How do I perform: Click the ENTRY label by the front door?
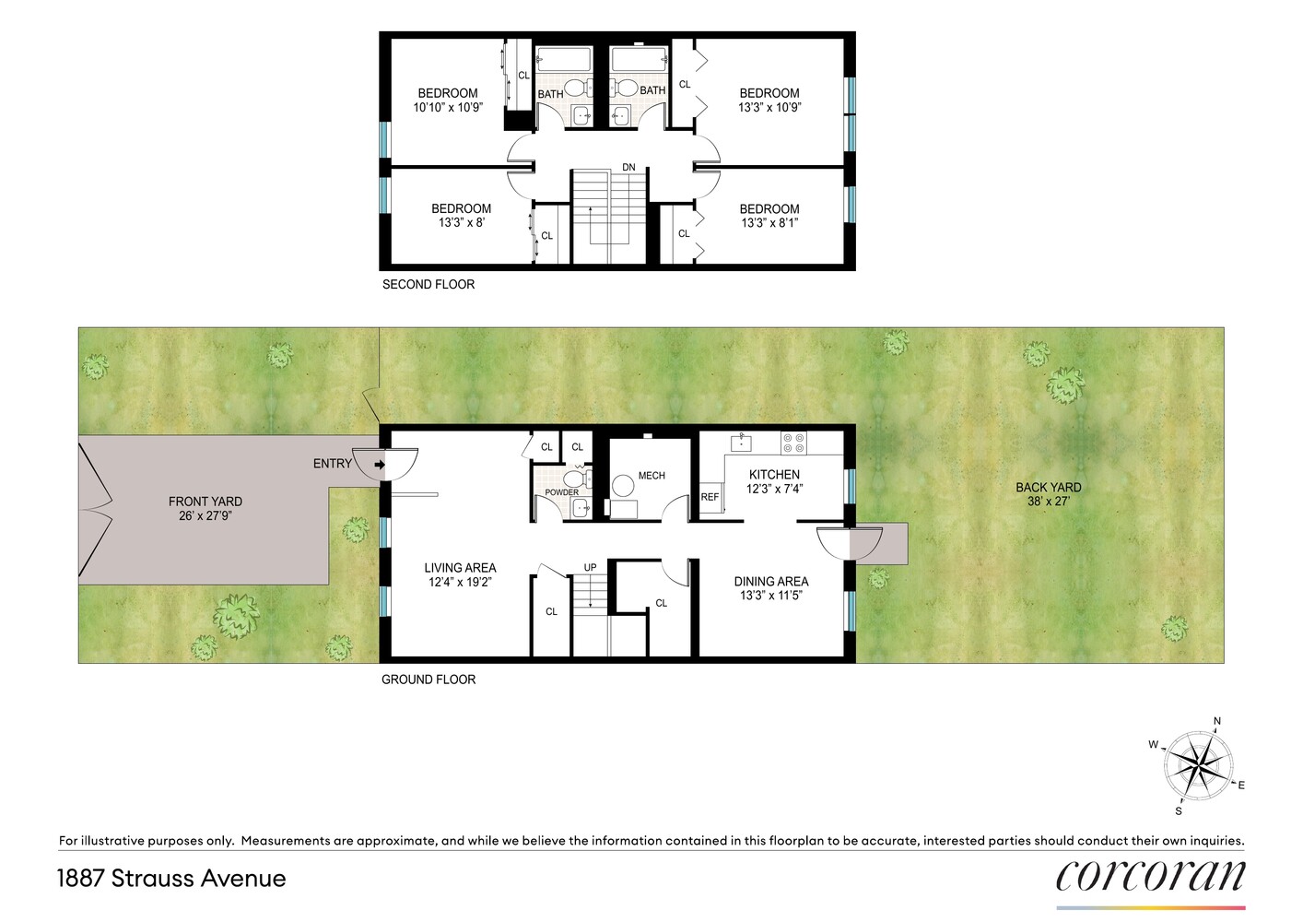(x=332, y=464)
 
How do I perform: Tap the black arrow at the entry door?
(x=380, y=465)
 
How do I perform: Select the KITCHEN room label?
(x=774, y=475)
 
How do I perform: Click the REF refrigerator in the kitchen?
(x=710, y=497)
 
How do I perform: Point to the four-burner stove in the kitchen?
(x=793, y=443)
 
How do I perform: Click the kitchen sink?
(x=741, y=443)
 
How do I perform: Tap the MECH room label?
(x=651, y=476)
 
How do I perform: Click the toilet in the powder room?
(x=577, y=479)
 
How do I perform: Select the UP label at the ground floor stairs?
(x=590, y=568)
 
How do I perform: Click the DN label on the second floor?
(x=628, y=167)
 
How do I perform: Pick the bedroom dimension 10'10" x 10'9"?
(x=448, y=108)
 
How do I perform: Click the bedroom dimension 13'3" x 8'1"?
(x=769, y=223)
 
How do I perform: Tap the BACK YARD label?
(x=1049, y=487)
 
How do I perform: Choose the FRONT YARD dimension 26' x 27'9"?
(x=205, y=515)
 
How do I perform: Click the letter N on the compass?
(x=1216, y=721)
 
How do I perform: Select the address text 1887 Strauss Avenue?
(x=172, y=879)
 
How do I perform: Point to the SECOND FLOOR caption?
(x=428, y=285)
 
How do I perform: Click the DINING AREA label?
(x=770, y=582)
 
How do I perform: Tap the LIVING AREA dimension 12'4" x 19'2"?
(x=460, y=582)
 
